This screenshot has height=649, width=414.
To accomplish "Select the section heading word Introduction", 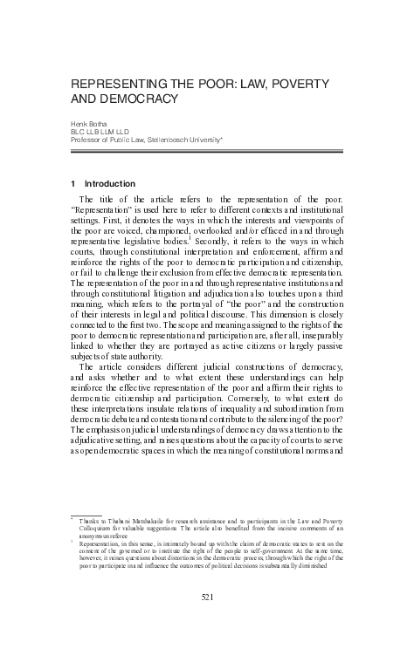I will pos(109,184).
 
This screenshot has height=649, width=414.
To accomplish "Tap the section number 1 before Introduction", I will pos(72,184).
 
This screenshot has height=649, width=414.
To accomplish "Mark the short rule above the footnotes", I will pos(86,514).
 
